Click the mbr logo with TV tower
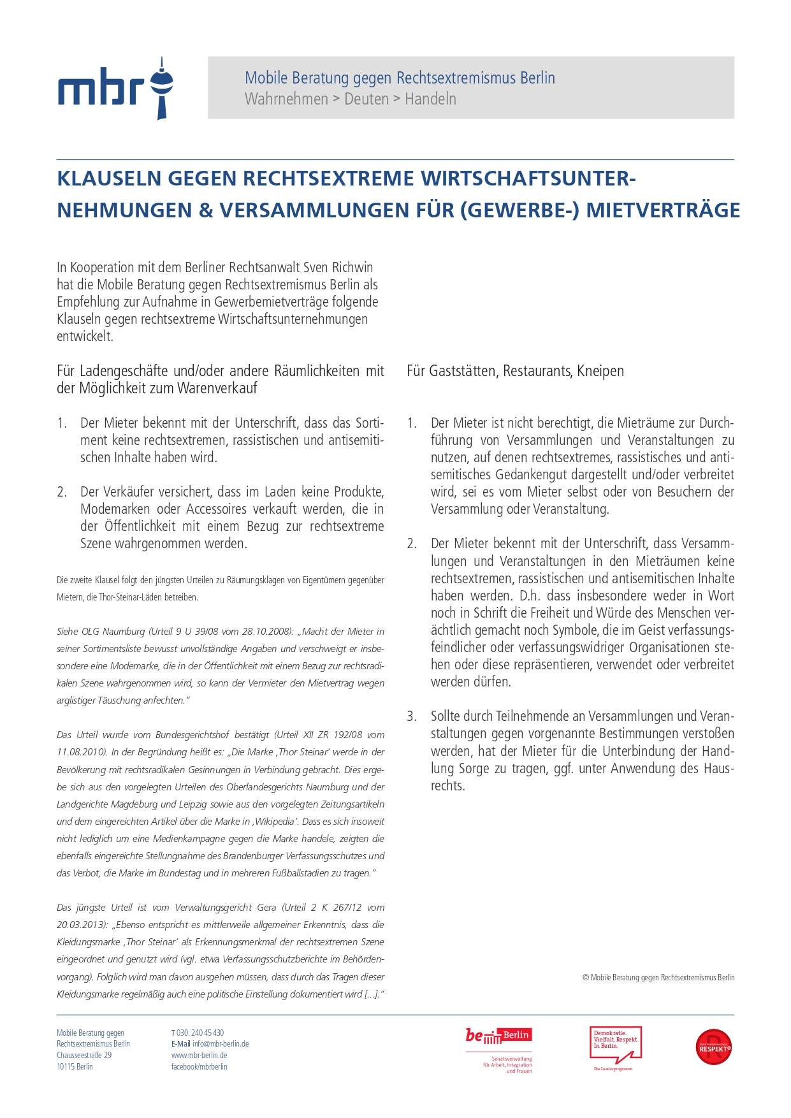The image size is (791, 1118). [115, 89]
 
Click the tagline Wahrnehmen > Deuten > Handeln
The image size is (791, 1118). [350, 99]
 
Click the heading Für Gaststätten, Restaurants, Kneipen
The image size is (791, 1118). [515, 371]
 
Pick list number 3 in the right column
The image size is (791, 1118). [412, 716]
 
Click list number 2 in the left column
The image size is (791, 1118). [62, 492]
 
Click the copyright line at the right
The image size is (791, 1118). [658, 977]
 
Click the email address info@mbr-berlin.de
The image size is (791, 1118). [221, 1044]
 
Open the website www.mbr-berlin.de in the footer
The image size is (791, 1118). [200, 1056]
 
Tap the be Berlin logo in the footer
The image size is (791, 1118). [498, 1036]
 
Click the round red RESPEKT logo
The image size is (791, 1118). [713, 1047]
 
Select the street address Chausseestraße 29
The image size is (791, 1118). [84, 1056]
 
